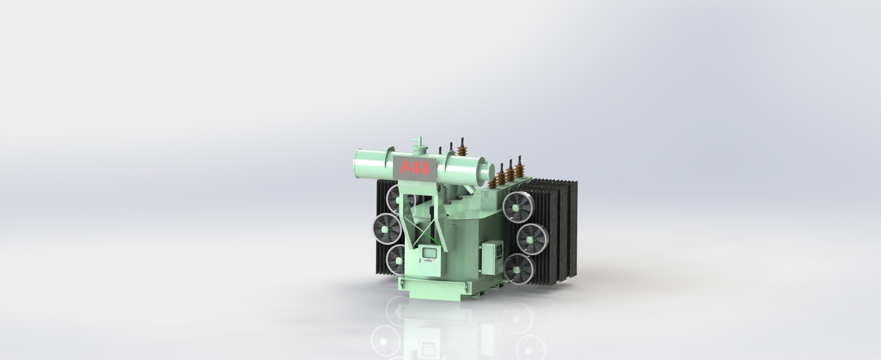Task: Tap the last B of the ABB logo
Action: (x=425, y=168)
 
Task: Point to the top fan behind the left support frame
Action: (x=398, y=198)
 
